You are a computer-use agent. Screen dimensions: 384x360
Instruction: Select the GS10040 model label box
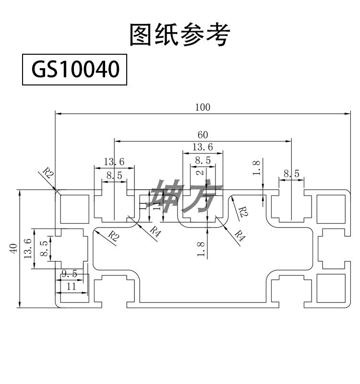tap(75, 70)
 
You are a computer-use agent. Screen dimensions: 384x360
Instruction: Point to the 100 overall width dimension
tap(203, 108)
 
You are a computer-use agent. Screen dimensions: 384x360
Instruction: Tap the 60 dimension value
tap(203, 134)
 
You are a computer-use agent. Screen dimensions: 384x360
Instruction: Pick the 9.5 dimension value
tap(69, 274)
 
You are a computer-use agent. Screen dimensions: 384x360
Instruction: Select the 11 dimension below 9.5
tap(71, 287)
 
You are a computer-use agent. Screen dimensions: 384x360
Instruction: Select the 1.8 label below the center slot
tap(201, 250)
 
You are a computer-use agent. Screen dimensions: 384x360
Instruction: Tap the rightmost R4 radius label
tap(240, 236)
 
